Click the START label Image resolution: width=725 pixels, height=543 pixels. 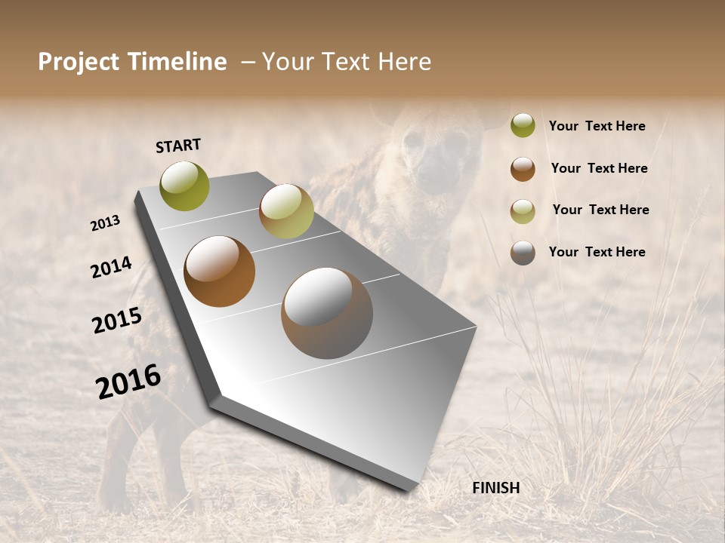[178, 146]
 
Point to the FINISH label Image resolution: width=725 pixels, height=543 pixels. [495, 488]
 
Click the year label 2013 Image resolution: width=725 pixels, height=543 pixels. [106, 223]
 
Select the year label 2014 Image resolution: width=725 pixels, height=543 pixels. [111, 268]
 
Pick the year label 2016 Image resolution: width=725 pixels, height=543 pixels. [128, 382]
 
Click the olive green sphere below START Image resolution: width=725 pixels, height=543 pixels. [185, 186]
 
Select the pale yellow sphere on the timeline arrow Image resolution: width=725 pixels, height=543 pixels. [286, 211]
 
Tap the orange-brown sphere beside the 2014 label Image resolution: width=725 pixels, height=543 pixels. [220, 271]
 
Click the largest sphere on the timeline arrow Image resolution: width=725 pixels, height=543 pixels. [327, 313]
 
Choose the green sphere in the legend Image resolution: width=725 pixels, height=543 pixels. [523, 126]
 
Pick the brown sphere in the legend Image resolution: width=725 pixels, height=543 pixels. [523, 169]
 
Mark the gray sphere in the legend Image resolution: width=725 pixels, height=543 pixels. [523, 253]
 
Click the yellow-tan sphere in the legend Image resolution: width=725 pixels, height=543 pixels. [523, 210]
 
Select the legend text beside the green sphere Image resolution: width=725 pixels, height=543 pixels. [597, 127]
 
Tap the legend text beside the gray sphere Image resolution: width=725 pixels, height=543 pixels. [597, 252]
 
